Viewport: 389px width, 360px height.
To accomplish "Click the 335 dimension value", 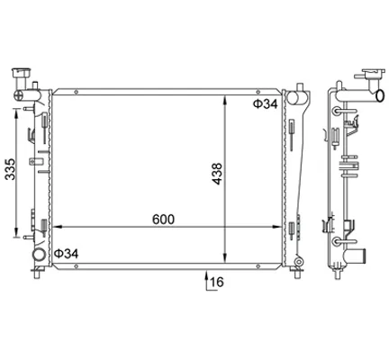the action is [11, 169].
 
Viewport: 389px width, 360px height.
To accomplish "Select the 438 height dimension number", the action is [217, 174].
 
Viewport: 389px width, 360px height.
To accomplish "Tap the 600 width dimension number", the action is [163, 220].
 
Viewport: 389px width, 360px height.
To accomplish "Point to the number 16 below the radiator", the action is [217, 282].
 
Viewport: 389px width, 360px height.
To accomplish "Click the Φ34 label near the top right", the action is [266, 103].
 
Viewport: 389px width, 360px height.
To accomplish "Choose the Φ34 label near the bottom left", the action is [66, 254].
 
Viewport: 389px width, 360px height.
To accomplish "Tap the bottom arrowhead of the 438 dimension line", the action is [225, 258].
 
